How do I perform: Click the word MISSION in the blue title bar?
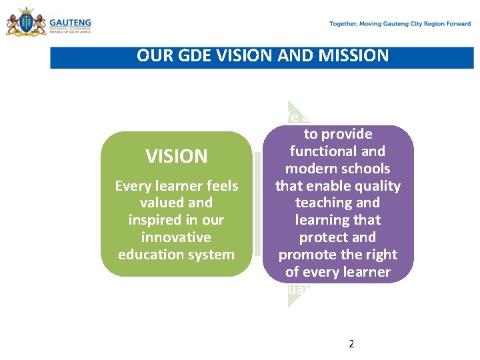[355, 55]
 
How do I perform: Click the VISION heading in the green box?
[177, 157]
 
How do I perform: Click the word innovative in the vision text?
[176, 237]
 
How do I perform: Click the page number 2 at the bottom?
[351, 344]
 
